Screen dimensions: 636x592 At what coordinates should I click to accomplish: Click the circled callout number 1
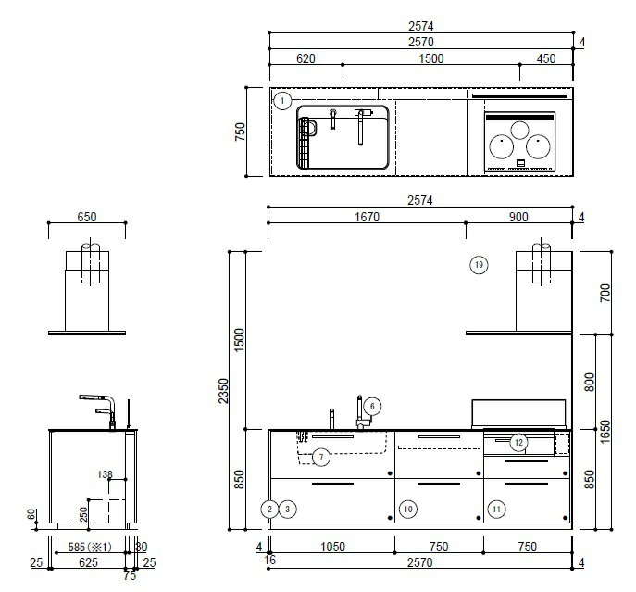[x=282, y=101]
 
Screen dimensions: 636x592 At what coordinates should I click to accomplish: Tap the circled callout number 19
[x=479, y=265]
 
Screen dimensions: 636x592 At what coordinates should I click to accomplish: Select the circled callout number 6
[x=372, y=406]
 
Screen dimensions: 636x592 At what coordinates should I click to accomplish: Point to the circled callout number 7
[x=321, y=458]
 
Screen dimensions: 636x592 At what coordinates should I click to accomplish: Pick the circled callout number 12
[x=518, y=442]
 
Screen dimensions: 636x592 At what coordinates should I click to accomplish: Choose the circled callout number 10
[x=408, y=510]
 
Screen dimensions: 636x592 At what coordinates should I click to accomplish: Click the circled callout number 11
[x=496, y=510]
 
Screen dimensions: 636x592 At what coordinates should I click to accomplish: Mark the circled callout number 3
[x=288, y=509]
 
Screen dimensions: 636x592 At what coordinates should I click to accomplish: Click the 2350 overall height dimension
[x=223, y=391]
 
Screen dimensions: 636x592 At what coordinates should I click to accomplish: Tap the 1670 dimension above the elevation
[x=368, y=217]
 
